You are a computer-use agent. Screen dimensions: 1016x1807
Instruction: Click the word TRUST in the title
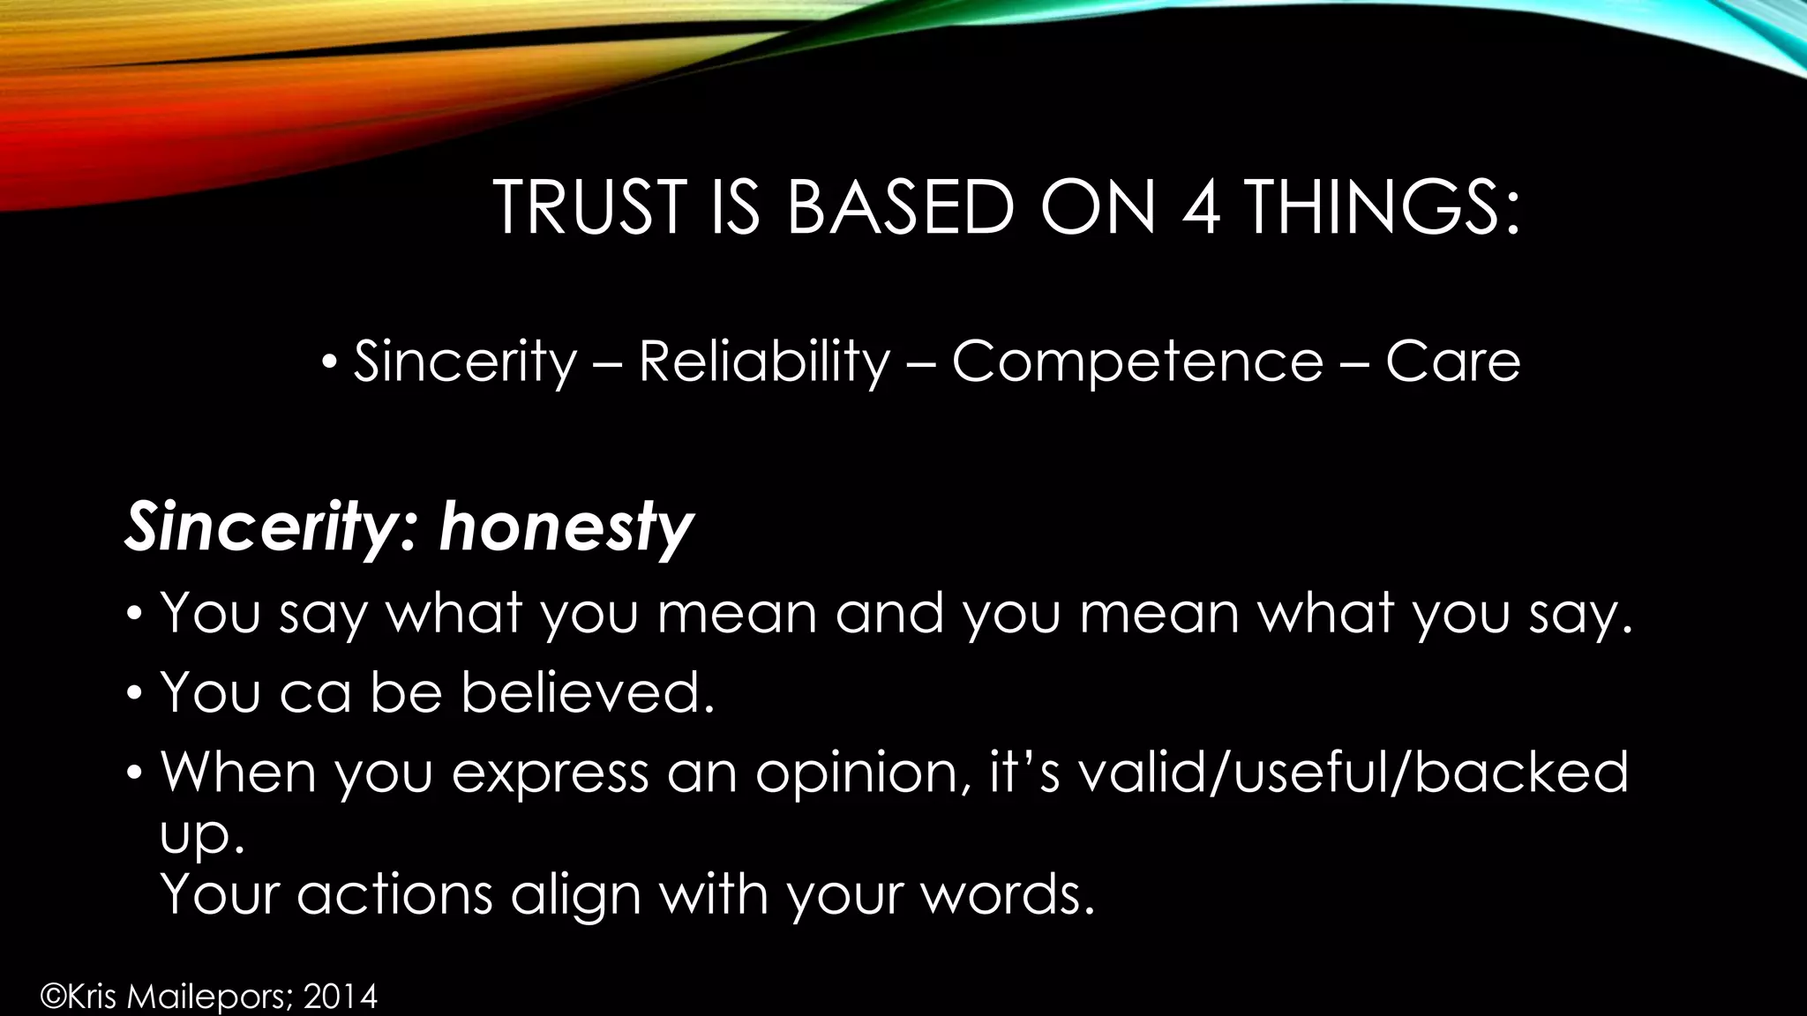point(590,208)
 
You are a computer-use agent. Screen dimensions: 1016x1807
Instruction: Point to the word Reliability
point(764,362)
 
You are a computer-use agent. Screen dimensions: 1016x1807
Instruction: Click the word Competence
point(1137,362)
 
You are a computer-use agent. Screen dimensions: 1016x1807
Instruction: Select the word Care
point(1452,362)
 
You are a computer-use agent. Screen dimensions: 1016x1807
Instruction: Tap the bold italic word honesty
point(566,527)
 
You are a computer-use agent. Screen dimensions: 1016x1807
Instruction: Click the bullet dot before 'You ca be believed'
point(133,692)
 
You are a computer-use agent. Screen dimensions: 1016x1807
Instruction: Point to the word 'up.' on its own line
point(202,837)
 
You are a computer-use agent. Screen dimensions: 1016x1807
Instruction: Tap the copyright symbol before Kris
point(54,997)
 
